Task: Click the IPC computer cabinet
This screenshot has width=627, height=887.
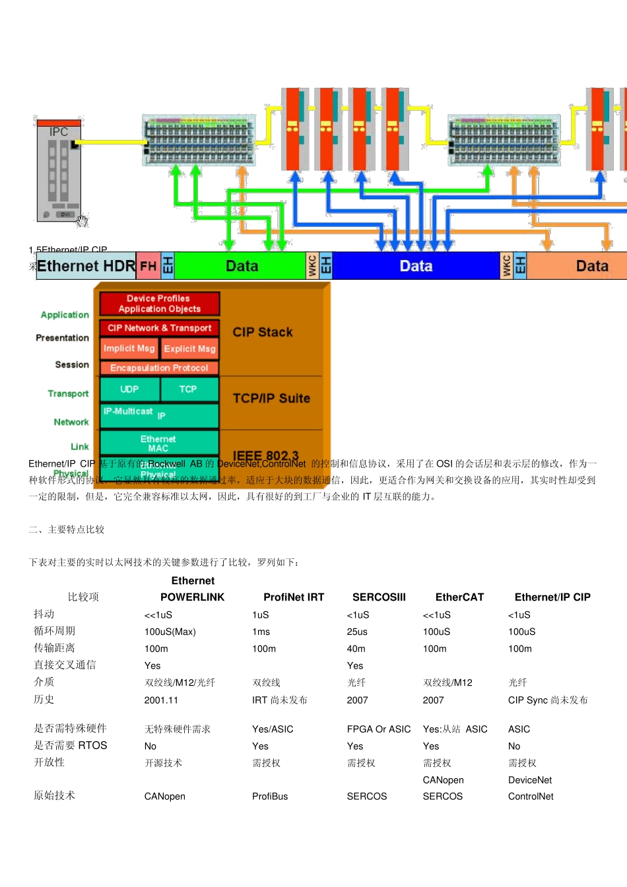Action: point(59,170)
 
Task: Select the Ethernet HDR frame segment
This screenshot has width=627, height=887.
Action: point(86,266)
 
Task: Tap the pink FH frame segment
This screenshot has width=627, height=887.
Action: point(148,266)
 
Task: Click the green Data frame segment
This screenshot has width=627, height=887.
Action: point(241,266)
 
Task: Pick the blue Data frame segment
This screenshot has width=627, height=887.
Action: point(416,266)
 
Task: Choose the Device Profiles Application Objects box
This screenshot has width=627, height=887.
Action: point(159,304)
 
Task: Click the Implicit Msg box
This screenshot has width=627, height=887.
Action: point(129,348)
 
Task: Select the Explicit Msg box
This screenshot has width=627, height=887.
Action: point(189,348)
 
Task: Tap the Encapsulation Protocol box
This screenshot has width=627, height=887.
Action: point(159,368)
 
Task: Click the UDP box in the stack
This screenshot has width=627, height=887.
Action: point(129,389)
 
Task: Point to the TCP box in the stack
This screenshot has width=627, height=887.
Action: point(188,389)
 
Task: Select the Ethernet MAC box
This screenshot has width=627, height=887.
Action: point(158,443)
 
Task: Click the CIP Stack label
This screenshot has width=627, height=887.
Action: point(263,332)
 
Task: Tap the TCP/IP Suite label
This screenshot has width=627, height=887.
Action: point(271,398)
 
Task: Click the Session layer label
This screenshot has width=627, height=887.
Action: point(72,364)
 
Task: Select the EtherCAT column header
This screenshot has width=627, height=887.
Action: point(459,597)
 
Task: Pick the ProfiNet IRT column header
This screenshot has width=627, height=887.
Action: point(294,597)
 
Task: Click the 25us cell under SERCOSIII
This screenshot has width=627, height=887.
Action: point(357,632)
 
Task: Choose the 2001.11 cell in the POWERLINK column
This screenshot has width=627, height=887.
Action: point(161,700)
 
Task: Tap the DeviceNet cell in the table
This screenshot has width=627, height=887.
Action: point(530,780)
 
